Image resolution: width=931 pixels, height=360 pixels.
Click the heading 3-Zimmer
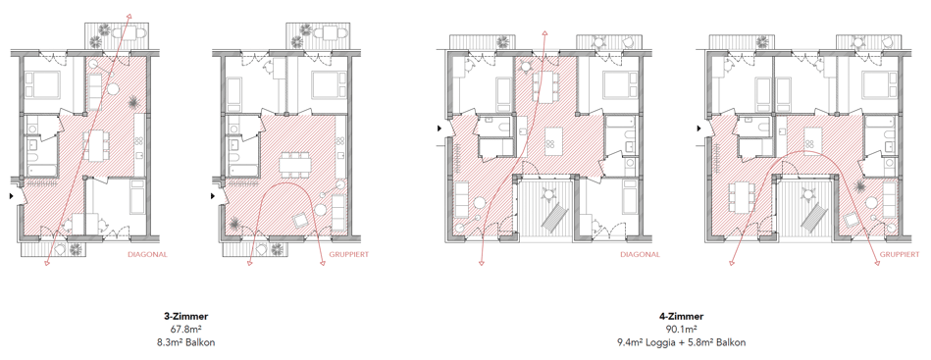(185, 317)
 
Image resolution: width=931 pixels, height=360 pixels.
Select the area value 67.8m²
(185, 330)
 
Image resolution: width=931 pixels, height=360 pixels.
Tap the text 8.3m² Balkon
(185, 342)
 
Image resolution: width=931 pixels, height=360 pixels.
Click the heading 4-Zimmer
(681, 317)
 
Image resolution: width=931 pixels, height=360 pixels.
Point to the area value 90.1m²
(681, 330)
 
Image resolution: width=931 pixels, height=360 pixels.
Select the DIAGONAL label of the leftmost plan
(148, 254)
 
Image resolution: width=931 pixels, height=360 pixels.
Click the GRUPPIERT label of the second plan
(348, 254)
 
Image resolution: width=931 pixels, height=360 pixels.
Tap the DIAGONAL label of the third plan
(640, 254)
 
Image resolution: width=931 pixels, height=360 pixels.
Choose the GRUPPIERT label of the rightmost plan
(900, 254)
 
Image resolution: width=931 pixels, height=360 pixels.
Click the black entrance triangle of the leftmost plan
(13, 195)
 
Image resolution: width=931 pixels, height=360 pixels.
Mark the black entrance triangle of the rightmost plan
(701, 128)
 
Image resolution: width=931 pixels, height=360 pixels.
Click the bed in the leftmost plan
(42, 84)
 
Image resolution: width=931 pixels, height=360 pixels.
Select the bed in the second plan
(324, 85)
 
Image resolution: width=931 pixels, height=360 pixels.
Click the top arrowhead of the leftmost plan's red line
(130, 16)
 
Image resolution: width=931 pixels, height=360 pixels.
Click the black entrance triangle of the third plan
(440, 128)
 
